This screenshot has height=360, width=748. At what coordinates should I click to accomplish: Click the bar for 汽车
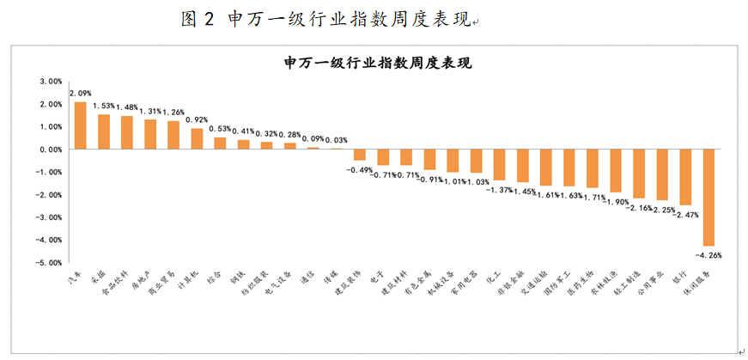[x=80, y=125]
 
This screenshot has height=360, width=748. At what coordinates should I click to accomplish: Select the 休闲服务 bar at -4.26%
[x=708, y=198]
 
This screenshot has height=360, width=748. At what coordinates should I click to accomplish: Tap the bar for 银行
[x=685, y=177]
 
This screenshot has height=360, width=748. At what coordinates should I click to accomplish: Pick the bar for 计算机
[x=197, y=138]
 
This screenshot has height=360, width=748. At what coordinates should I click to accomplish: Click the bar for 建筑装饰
[x=360, y=155]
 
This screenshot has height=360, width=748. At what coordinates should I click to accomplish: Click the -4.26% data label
[x=708, y=254]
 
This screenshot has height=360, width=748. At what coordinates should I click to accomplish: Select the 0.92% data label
[x=197, y=120]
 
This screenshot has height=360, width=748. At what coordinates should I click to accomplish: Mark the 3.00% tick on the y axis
[x=51, y=82]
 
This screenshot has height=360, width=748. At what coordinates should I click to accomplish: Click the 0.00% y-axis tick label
[x=51, y=149]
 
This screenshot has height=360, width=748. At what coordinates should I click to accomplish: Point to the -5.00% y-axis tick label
[x=49, y=262]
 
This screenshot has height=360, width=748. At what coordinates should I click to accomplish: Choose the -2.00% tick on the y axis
[x=49, y=194]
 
